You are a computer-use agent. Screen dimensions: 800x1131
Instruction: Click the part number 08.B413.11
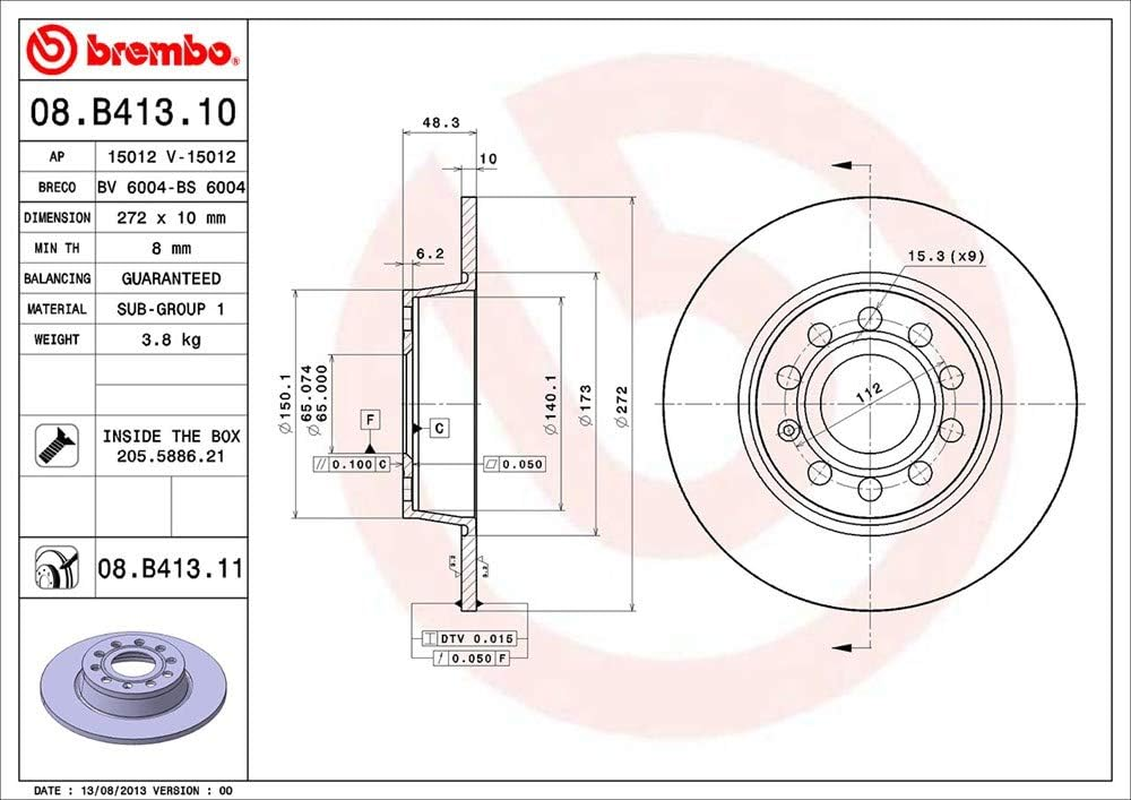170,570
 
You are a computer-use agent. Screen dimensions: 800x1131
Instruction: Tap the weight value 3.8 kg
171,339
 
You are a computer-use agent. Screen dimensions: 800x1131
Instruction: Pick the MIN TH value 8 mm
171,248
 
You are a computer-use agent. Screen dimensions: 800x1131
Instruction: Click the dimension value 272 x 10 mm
171,217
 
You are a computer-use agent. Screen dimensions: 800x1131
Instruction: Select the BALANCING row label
57,278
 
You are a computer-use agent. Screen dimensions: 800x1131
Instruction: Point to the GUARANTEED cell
171,278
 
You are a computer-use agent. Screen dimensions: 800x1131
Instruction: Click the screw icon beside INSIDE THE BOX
57,445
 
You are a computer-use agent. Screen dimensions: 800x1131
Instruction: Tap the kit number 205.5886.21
171,455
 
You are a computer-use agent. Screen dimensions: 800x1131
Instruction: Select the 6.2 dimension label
429,254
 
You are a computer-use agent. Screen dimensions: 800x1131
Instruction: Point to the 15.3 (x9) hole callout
945,256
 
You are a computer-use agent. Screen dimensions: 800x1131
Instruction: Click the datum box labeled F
370,419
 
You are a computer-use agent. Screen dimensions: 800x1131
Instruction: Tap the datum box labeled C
438,428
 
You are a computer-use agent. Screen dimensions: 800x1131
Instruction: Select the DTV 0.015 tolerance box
469,638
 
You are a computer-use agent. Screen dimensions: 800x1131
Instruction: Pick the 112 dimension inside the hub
867,391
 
